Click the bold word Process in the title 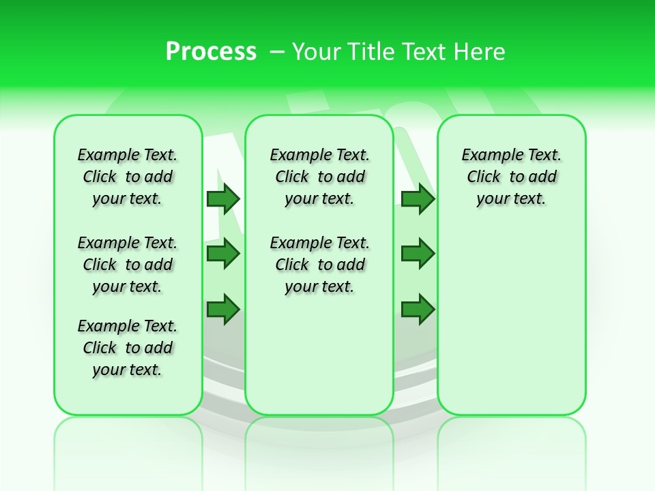coord(211,51)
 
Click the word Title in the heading coord(371,51)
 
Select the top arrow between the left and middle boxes coord(223,198)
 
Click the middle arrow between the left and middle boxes coord(223,254)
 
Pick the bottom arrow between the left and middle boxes coord(223,309)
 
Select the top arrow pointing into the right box coord(418,198)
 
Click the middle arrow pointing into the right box coord(418,254)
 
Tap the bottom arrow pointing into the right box coord(418,309)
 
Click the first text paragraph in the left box coord(128,177)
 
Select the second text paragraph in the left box coord(128,265)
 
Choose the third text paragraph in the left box coord(128,348)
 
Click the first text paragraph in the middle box coord(319,177)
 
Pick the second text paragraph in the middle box coord(319,265)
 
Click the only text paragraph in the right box coord(511,177)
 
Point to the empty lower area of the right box coord(511,327)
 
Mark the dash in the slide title coord(277,51)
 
